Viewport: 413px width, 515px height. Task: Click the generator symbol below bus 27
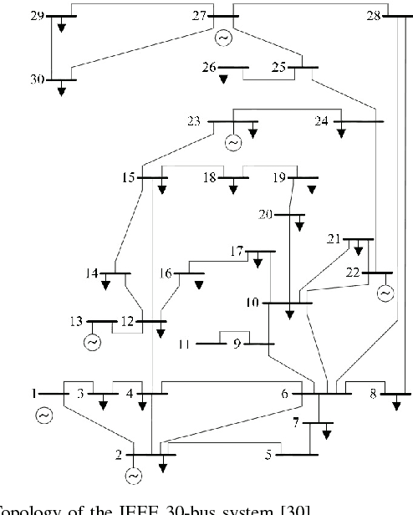[222, 38]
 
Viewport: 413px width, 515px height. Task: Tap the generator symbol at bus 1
[43, 415]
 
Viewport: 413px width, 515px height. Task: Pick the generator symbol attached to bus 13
[91, 342]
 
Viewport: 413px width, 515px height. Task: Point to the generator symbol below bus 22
[385, 293]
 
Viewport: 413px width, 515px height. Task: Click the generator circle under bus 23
[233, 143]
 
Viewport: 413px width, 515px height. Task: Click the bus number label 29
[34, 16]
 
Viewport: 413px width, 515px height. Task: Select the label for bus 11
[185, 344]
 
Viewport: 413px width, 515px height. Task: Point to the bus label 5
[268, 456]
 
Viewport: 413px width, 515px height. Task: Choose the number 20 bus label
[266, 215]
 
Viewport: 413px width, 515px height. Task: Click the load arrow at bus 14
[106, 284]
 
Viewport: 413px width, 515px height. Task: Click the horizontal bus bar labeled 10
[287, 303]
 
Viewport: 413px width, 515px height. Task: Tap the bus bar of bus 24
[359, 122]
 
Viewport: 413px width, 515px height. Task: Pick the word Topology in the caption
[24, 507]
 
